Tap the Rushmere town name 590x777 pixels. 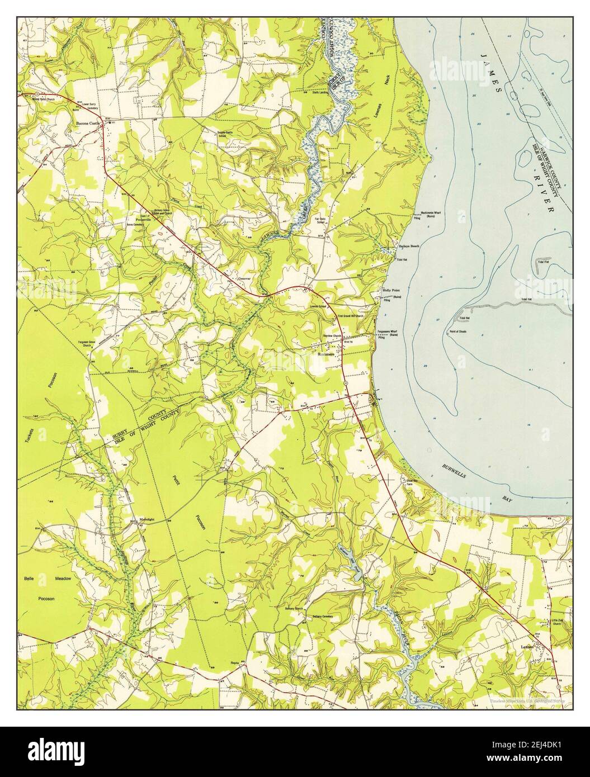point(325,354)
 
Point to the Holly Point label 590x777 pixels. point(390,291)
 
